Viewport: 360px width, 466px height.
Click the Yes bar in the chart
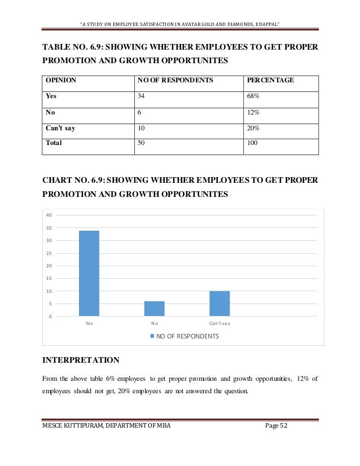[89, 273]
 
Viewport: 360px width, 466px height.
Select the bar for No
[154, 309]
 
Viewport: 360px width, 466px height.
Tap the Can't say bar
[219, 304]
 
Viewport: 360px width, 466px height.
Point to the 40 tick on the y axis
[49, 215]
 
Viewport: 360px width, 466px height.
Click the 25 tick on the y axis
[49, 253]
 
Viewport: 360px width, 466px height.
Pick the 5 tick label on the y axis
[50, 304]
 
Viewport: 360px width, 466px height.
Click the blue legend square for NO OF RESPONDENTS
[151, 336]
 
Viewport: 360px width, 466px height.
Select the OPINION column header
[60, 81]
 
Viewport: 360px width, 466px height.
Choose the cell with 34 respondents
[141, 96]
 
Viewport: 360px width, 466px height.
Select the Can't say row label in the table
[60, 128]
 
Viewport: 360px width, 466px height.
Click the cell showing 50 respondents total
[141, 143]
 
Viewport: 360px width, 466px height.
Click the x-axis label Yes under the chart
[89, 323]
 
